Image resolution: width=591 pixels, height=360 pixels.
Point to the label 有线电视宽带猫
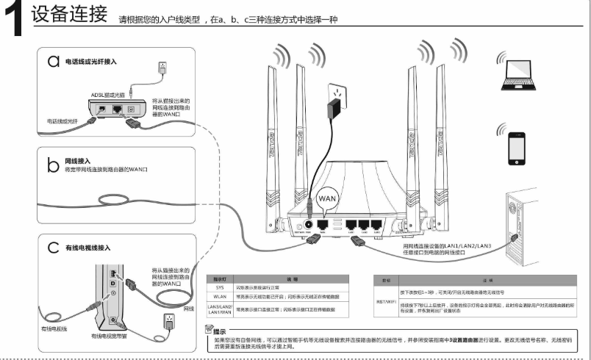[110, 335]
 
